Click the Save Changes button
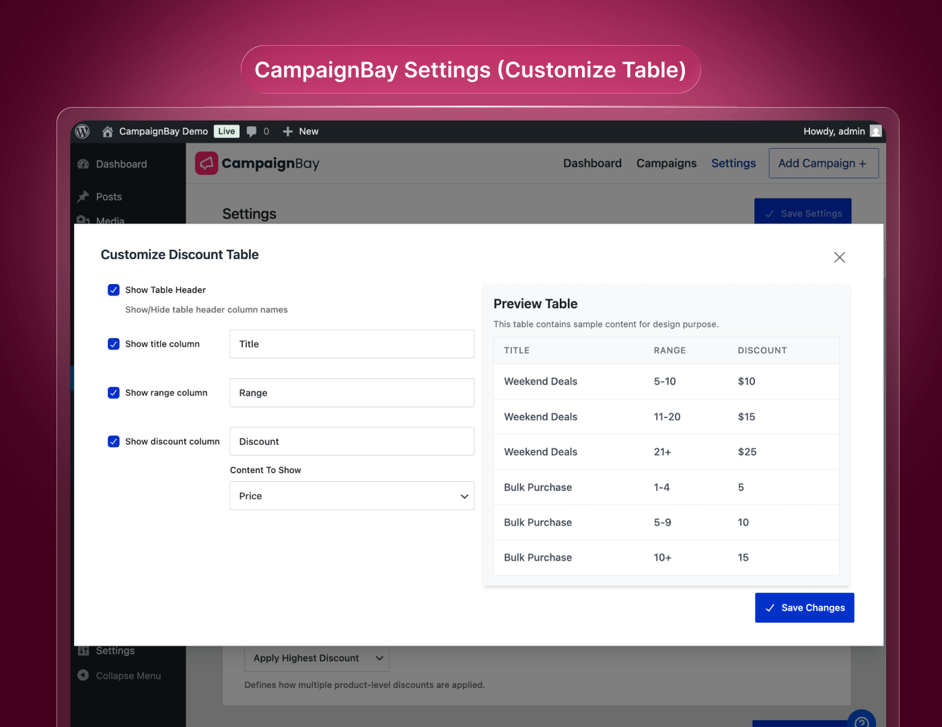(804, 608)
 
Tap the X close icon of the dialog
(839, 257)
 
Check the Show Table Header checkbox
(114, 290)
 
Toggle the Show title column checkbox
(114, 344)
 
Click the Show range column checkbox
(114, 393)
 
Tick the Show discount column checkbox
(114, 442)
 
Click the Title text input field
(351, 344)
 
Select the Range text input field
(351, 393)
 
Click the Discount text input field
(351, 442)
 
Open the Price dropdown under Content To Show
(351, 496)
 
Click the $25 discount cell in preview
(747, 452)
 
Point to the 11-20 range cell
(667, 417)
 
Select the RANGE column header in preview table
(669, 351)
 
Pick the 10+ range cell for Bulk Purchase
(662, 558)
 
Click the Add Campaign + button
(823, 164)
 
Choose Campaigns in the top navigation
(666, 164)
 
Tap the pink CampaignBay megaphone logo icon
(207, 164)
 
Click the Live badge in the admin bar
(227, 131)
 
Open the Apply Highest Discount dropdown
(316, 658)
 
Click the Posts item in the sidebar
(108, 197)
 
